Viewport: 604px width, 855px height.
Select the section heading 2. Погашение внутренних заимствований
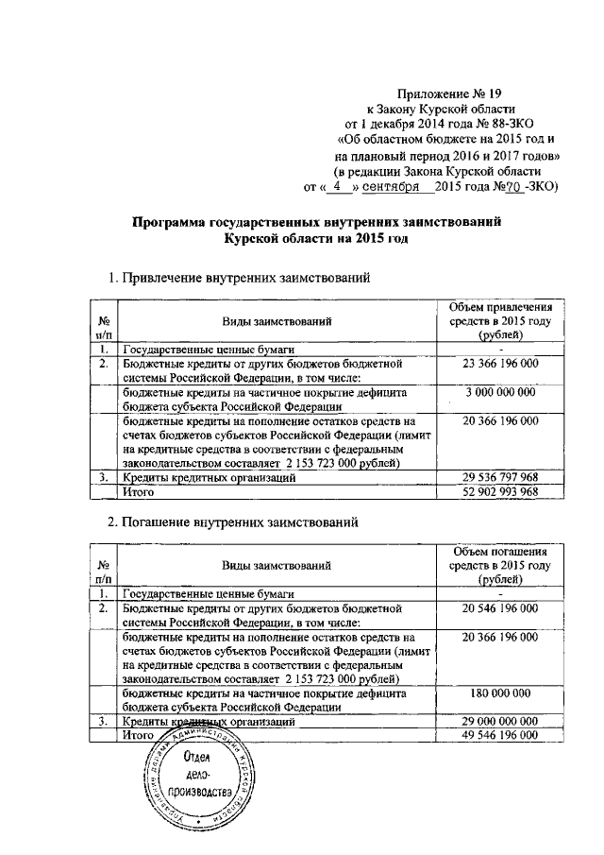pos(234,522)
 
